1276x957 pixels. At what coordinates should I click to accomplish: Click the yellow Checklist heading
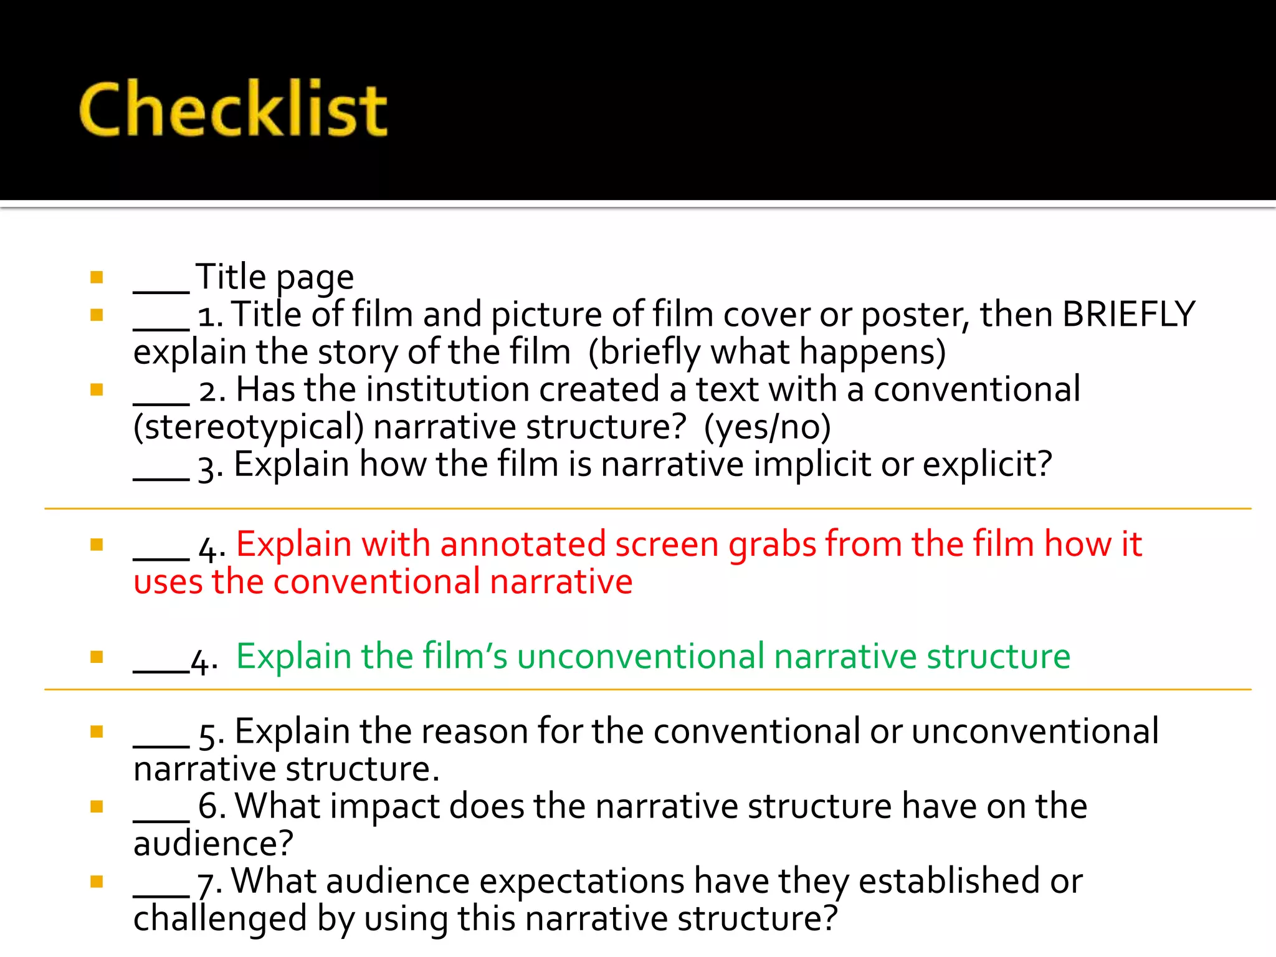click(x=233, y=109)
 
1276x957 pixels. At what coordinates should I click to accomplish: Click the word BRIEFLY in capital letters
click(x=1128, y=314)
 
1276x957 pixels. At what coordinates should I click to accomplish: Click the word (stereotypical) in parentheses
click(x=249, y=428)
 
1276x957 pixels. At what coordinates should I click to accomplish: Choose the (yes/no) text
click(x=767, y=428)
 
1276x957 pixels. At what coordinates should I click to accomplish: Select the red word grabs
click(x=772, y=545)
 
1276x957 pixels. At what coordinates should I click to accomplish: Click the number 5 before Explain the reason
click(x=207, y=735)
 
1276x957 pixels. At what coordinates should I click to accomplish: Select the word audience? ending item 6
click(x=213, y=844)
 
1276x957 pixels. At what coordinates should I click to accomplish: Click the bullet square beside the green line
click(x=97, y=657)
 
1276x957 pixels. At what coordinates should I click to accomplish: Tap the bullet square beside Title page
click(x=97, y=277)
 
